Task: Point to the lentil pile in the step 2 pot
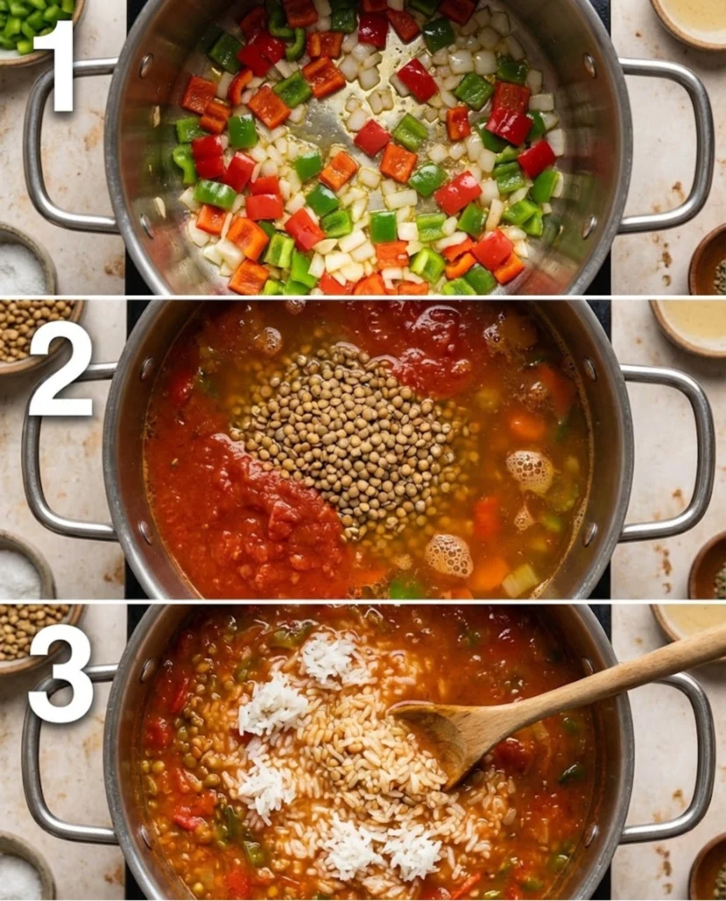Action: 352,431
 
